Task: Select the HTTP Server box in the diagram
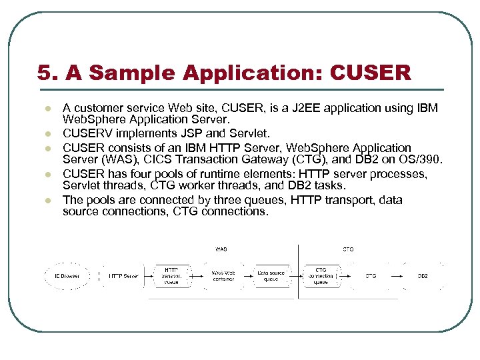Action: coord(123,276)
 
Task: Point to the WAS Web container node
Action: coord(223,276)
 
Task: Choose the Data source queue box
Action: coord(271,276)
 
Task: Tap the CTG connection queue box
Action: coord(321,276)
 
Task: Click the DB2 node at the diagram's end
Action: coord(423,276)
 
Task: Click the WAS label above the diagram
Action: coord(221,249)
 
